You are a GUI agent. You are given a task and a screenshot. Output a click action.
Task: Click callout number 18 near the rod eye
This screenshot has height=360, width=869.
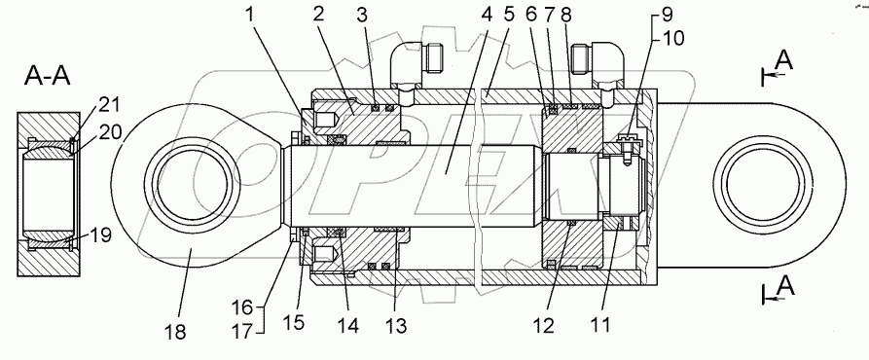point(176,333)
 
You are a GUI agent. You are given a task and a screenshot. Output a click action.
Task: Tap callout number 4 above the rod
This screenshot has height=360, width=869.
point(487,15)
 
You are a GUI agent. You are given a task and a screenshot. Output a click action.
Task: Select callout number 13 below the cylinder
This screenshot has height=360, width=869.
point(396,326)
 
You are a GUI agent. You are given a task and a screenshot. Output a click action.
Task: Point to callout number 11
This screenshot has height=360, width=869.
point(600,325)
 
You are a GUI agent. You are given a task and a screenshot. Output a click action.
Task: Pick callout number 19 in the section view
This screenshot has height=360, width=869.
point(101,235)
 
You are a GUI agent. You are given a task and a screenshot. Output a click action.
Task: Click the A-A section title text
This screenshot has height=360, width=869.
point(47,76)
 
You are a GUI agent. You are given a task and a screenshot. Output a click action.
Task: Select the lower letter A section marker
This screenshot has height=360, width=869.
point(785,286)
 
